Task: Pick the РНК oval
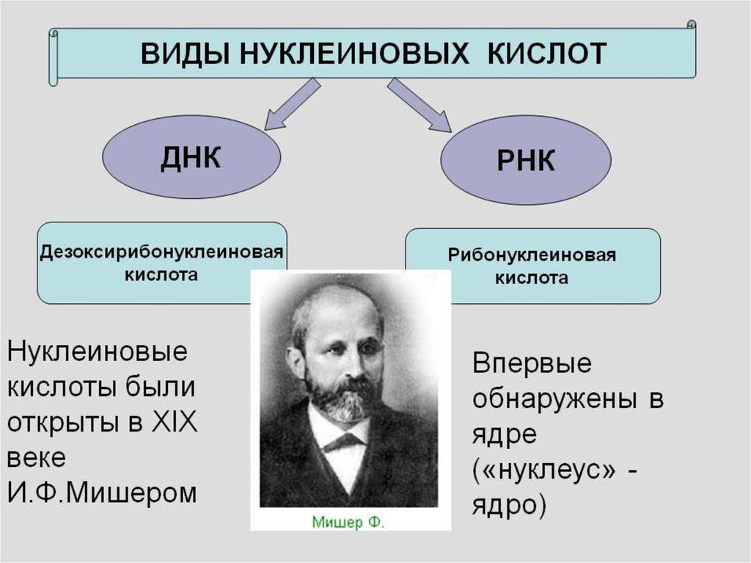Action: pyautogui.click(x=526, y=161)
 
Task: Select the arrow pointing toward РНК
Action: pyautogui.click(x=419, y=105)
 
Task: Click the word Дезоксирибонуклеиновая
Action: pyautogui.click(x=161, y=252)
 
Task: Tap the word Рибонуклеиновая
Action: pyautogui.click(x=532, y=257)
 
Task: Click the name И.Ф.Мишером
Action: pyautogui.click(x=103, y=493)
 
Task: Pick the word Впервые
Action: pyautogui.click(x=532, y=364)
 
